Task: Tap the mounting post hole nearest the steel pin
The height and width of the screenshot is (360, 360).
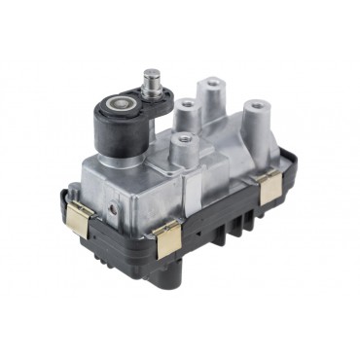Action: click(x=183, y=102)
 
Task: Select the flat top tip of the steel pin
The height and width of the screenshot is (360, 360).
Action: click(x=152, y=71)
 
